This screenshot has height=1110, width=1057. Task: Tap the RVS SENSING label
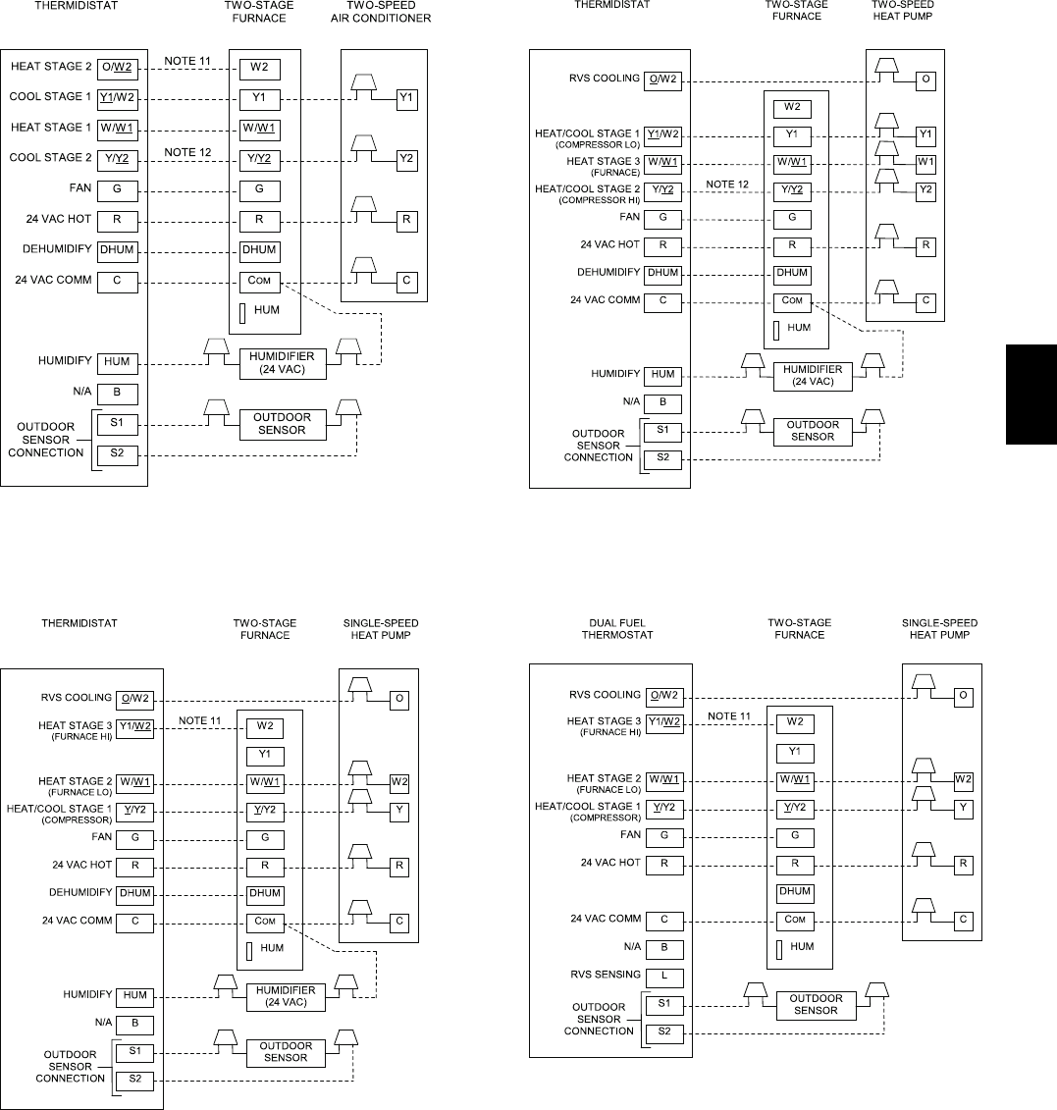605,975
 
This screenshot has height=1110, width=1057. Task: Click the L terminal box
663,976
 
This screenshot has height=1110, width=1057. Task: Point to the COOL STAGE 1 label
50,97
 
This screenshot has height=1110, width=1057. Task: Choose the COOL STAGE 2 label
50,157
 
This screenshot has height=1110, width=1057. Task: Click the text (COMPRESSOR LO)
598,145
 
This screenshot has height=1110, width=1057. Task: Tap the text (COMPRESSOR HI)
598,200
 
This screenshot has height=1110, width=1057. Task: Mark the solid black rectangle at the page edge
1031,394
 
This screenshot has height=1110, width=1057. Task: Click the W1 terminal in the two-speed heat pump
925,161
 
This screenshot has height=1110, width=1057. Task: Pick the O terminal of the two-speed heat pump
925,79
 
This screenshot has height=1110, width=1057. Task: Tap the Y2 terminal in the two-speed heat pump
925,189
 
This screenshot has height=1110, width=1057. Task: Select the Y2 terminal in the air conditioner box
405,157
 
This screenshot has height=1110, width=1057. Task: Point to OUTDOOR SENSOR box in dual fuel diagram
816,1004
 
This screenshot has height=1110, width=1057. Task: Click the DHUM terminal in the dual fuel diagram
795,892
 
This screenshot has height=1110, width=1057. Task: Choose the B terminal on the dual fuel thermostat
663,948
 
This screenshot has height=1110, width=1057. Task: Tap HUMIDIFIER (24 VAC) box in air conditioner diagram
280,363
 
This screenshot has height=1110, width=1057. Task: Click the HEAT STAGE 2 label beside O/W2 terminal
50,67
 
